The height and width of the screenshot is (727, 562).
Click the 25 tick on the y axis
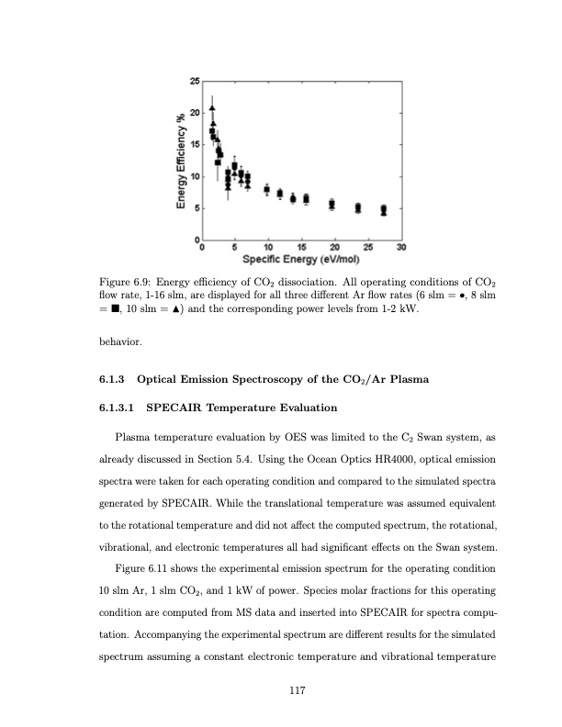click(194, 82)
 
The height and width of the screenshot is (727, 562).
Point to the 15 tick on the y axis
click(194, 144)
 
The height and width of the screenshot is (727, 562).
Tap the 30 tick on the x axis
click(401, 247)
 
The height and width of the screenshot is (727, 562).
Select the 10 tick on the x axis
click(267, 247)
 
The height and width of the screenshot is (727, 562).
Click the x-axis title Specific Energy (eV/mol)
click(300, 259)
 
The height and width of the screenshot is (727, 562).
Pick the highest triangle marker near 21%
click(212, 107)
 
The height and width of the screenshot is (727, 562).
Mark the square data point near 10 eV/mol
click(267, 190)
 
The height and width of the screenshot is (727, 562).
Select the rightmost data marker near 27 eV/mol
click(384, 209)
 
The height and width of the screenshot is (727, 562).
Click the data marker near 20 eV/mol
click(332, 204)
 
